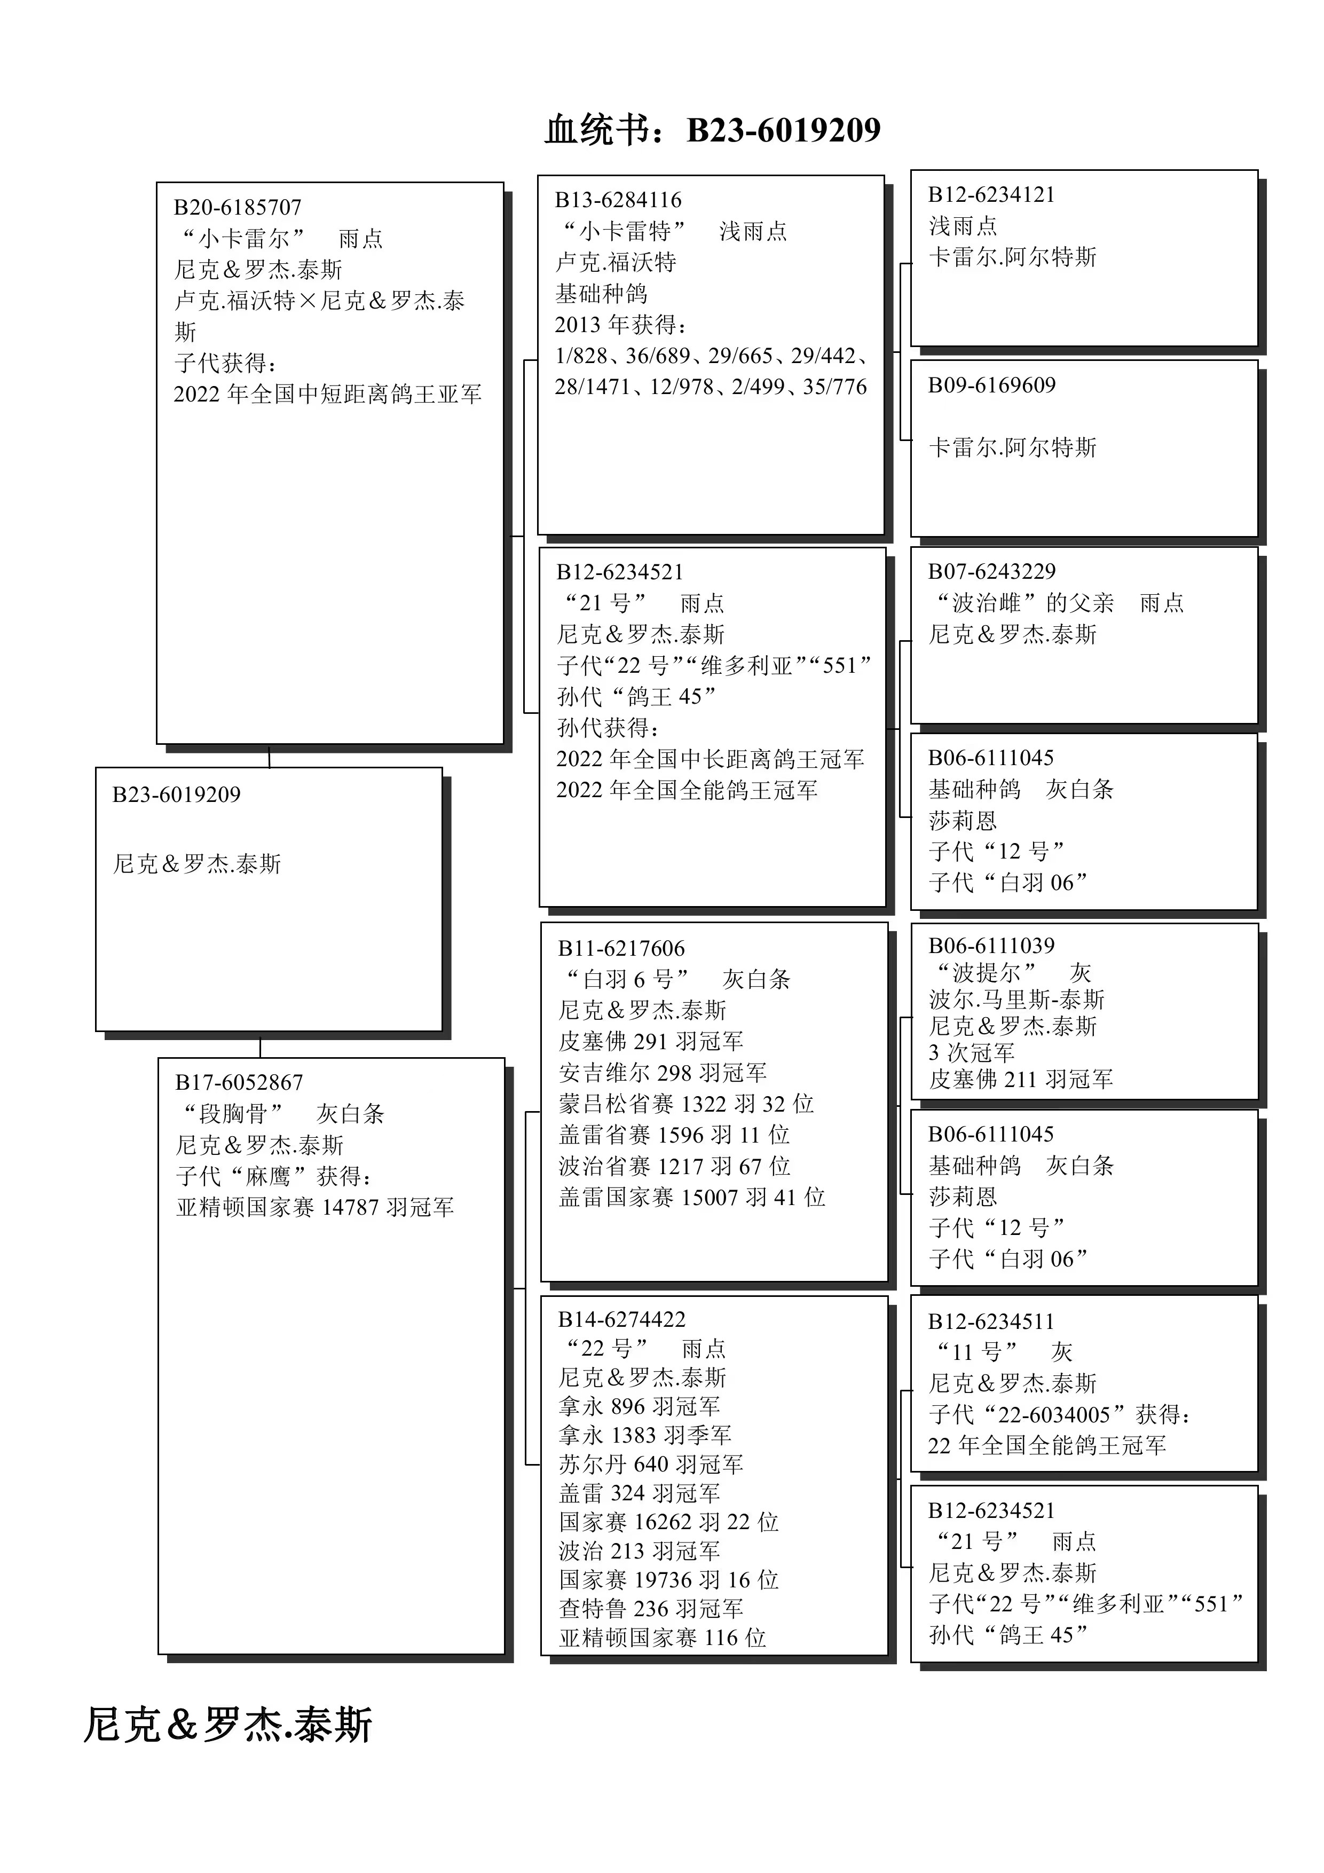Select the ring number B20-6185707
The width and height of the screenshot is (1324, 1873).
tap(238, 207)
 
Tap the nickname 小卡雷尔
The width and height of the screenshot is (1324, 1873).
tap(243, 238)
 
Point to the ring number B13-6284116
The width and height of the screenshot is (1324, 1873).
tap(618, 200)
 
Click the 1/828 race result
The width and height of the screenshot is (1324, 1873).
tap(581, 356)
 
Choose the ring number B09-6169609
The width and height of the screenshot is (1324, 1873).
tap(991, 385)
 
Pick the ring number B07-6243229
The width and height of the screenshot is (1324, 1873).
tap(991, 571)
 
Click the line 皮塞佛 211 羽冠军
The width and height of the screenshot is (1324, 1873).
tap(1021, 1079)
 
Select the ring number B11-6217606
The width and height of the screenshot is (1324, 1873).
tap(621, 948)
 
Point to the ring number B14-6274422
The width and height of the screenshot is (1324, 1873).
tap(621, 1319)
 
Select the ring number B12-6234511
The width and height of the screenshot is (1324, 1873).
tap(991, 1321)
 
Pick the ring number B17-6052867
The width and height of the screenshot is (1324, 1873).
tap(239, 1082)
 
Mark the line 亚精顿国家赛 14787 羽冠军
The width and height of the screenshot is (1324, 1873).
tap(315, 1207)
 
